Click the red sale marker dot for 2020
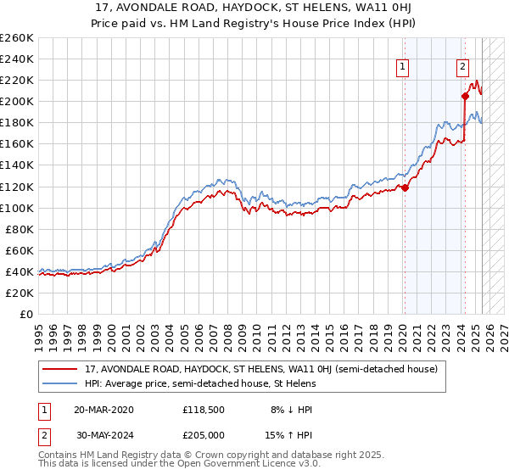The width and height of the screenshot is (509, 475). tap(405, 187)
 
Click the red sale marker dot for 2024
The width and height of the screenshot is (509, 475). tap(465, 96)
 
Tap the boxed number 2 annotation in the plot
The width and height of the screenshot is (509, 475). tap(462, 67)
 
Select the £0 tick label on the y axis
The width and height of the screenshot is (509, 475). tap(25, 314)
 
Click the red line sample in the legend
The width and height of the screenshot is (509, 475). tap(61, 369)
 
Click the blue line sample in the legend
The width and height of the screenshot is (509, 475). tap(61, 383)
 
